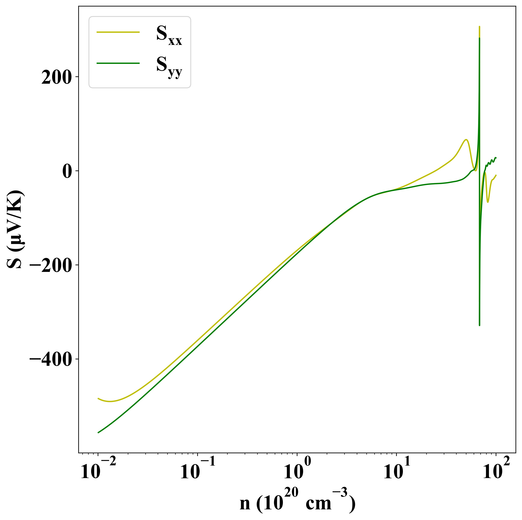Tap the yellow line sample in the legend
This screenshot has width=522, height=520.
(x=118, y=32)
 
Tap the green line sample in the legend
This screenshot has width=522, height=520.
(x=118, y=63)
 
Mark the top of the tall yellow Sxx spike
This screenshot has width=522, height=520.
(x=479, y=27)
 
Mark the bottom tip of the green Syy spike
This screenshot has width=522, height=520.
(x=480, y=325)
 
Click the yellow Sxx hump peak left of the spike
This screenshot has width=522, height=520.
(x=466, y=140)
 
